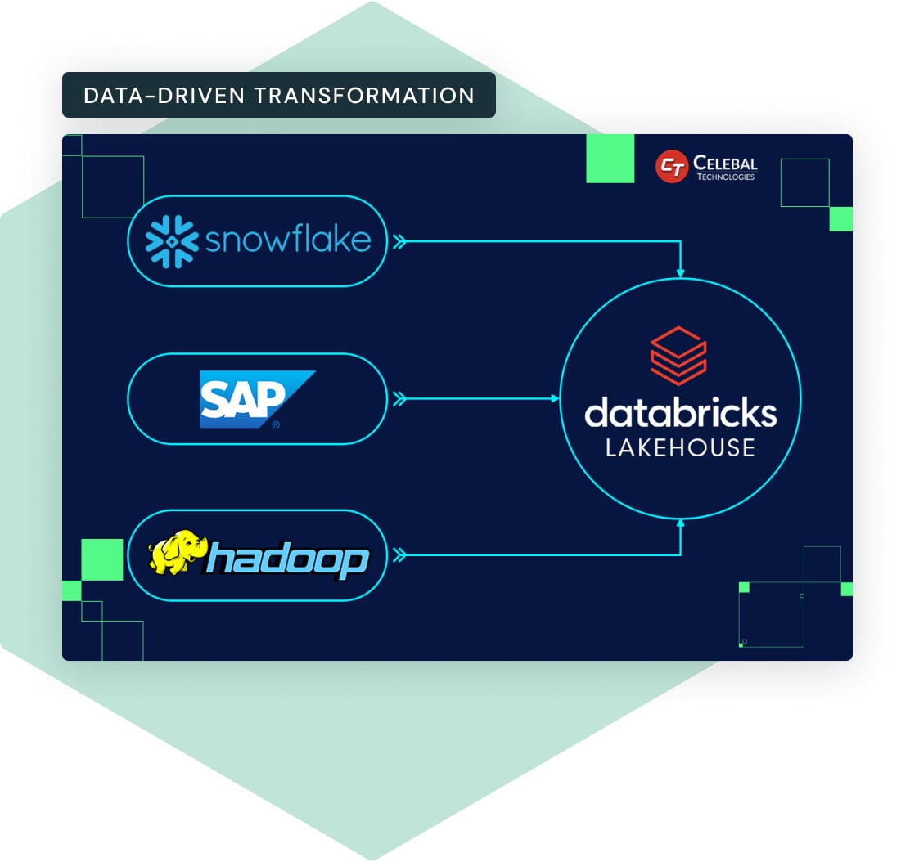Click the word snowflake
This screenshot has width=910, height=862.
click(x=288, y=240)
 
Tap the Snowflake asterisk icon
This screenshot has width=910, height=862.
click(x=172, y=241)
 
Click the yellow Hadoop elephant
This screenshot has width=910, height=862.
click(x=176, y=556)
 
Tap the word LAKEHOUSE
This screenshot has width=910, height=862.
click(x=680, y=447)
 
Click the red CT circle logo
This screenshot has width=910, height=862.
click(x=672, y=167)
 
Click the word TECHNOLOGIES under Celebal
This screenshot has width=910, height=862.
click(x=725, y=177)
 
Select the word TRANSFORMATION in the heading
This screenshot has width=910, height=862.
click(x=364, y=95)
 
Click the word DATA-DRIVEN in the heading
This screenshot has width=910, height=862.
click(x=164, y=95)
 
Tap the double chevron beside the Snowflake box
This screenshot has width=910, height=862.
click(x=399, y=241)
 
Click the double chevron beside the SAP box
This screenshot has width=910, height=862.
click(x=399, y=399)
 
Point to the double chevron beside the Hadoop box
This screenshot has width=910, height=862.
click(x=399, y=556)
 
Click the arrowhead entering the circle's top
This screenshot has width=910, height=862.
click(x=680, y=272)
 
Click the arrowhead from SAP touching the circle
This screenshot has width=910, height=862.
click(x=555, y=399)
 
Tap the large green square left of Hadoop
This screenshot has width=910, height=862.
click(x=102, y=560)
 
